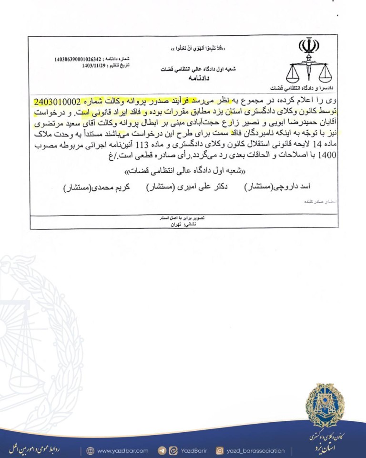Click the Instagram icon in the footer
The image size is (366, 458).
click(x=220, y=450)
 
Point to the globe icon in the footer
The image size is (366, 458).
click(x=91, y=450)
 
